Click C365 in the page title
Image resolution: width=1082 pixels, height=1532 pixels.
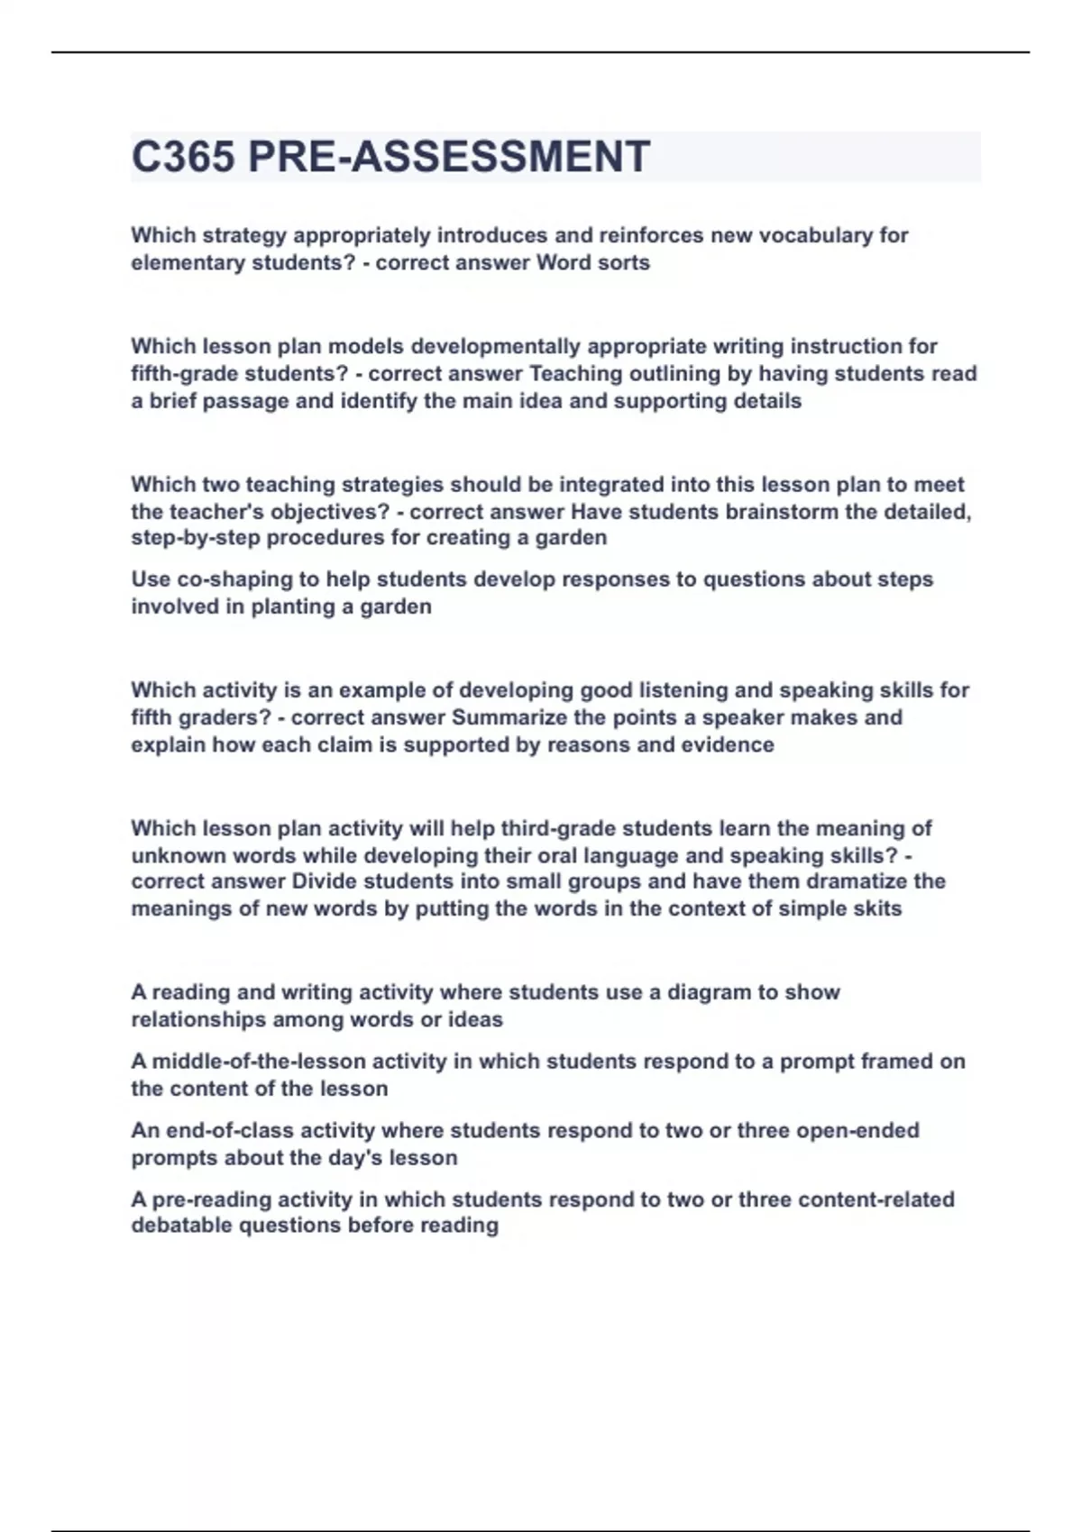[x=184, y=157]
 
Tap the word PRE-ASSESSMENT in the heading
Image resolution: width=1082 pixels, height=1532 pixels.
[x=448, y=157]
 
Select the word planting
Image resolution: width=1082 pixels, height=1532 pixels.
[x=292, y=606]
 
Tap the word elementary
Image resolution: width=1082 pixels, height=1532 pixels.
[x=183, y=263]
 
